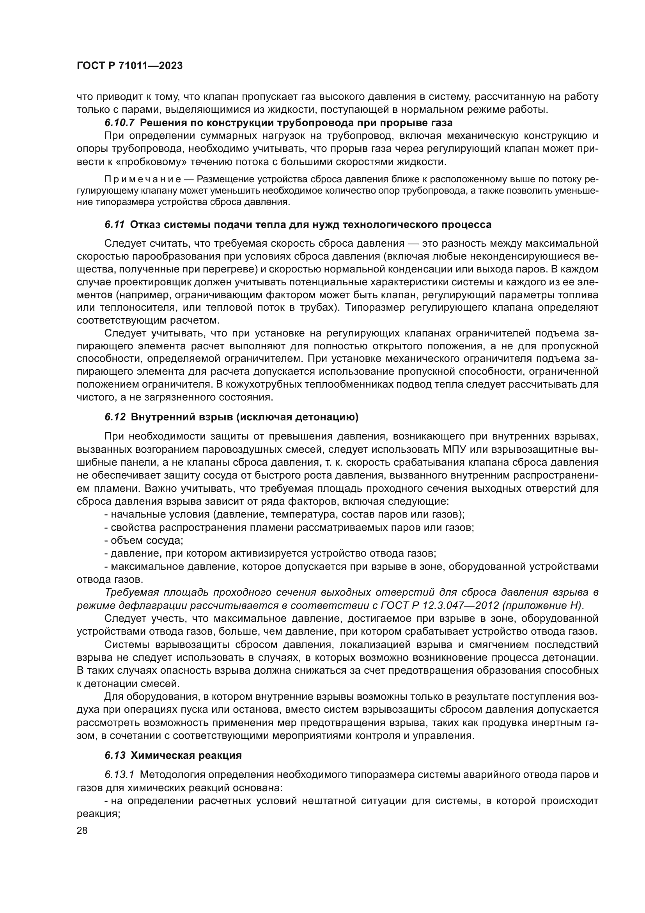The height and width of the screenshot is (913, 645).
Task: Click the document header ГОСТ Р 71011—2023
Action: (129, 66)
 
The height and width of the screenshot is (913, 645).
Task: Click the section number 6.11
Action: (115, 225)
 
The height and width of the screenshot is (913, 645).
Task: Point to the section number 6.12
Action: (115, 417)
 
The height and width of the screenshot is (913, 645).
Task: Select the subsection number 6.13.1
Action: (120, 774)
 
